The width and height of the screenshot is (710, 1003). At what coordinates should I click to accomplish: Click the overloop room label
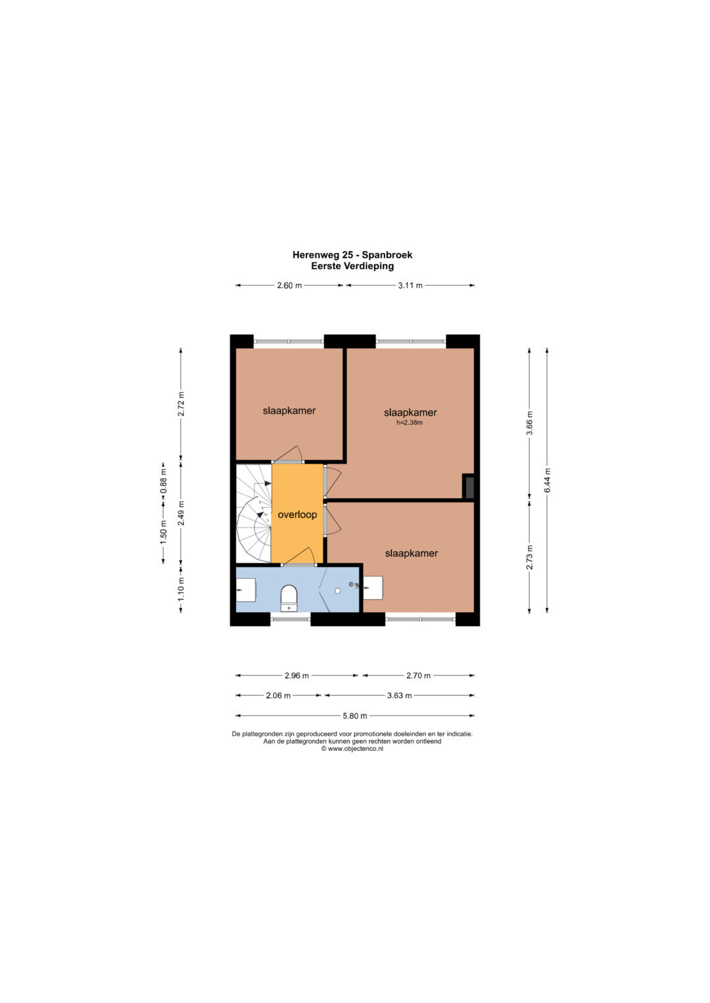point(297,515)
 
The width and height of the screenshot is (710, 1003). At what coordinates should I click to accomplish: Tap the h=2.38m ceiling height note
point(409,422)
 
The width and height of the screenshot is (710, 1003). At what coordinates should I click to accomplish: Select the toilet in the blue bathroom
point(289,598)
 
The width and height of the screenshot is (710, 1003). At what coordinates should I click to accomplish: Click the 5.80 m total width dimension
point(354,716)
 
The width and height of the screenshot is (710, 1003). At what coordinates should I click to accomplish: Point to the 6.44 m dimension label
point(547,480)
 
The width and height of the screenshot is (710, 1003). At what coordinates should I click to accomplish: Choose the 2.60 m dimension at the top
point(289,286)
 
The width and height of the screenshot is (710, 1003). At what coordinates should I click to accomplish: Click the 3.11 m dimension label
point(410,286)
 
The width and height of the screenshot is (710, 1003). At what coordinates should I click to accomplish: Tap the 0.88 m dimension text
point(164,481)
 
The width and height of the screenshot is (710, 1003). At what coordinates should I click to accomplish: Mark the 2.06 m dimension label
point(278,696)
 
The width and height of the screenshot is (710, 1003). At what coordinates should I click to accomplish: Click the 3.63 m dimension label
point(399,696)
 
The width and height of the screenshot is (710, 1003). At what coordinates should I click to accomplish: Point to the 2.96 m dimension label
point(296,676)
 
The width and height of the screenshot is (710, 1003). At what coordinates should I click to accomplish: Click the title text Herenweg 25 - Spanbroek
point(352,255)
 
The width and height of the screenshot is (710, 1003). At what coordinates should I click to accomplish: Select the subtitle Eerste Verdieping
point(352,266)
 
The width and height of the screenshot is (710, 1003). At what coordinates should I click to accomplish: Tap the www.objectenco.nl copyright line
point(352,749)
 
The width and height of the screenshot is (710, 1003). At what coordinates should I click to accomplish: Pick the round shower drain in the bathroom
point(337,591)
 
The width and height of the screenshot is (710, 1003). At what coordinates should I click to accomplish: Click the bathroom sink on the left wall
point(246,590)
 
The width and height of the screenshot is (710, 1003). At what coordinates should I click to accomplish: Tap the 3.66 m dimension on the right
point(530,423)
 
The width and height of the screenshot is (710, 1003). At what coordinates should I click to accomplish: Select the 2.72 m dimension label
point(181,404)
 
